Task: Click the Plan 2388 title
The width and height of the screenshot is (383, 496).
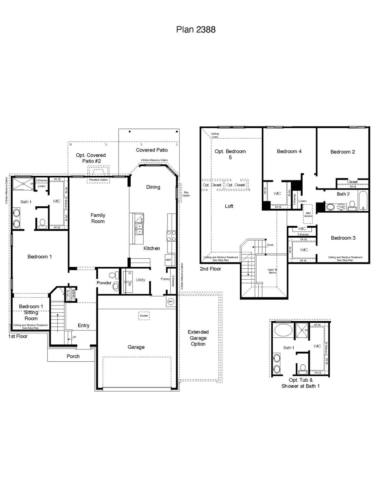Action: tap(196, 29)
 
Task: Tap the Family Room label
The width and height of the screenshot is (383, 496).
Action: tap(98, 218)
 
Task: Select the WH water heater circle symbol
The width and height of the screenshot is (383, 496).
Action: tap(170, 302)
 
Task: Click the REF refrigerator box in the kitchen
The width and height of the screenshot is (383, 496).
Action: tap(169, 260)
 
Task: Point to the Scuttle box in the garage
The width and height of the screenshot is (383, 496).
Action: tap(144, 315)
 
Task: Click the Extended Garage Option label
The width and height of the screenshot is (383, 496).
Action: tap(198, 338)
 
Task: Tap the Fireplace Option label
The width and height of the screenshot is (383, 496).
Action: tap(98, 180)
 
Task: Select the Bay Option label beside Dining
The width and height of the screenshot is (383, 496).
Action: tap(186, 194)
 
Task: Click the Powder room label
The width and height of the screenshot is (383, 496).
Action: tap(104, 283)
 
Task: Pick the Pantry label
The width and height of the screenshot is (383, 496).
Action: tap(165, 279)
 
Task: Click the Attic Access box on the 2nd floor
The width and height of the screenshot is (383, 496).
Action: tap(308, 214)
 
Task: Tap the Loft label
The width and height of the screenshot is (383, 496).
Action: tap(229, 206)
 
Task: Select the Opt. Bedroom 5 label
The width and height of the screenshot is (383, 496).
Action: tap(230, 154)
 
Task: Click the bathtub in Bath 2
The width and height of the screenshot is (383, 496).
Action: tap(363, 201)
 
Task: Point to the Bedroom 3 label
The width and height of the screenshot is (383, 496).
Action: tap(343, 238)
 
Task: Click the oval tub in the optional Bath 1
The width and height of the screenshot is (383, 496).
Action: tap(283, 331)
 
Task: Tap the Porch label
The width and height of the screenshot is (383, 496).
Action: tap(73, 356)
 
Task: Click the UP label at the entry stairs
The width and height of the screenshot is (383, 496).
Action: tap(74, 337)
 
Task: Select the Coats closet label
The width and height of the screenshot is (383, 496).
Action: tap(73, 294)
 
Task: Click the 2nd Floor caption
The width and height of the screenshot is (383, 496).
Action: tap(210, 269)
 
